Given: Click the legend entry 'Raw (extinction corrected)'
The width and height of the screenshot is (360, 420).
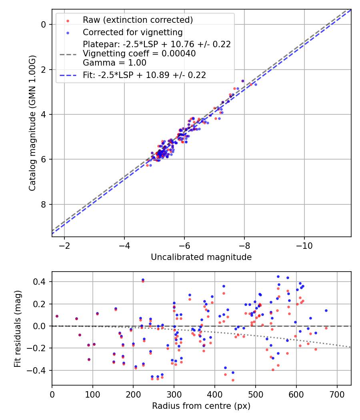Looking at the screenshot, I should pyautogui.click(x=138, y=20).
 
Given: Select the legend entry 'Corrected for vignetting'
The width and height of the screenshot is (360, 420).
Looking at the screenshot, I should pyautogui.click(x=132, y=32).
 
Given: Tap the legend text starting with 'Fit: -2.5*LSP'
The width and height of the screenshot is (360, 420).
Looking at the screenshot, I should pyautogui.click(x=144, y=75).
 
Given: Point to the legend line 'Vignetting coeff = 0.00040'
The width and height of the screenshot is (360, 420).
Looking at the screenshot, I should pyautogui.click(x=139, y=54).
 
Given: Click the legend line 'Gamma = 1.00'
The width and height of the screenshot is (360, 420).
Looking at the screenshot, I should pyautogui.click(x=114, y=63).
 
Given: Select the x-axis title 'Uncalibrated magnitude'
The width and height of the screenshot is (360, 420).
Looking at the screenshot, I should pyautogui.click(x=201, y=257).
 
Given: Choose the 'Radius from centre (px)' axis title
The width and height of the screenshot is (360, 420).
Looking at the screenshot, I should pyautogui.click(x=201, y=406).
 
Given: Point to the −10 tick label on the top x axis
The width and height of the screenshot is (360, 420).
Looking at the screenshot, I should pyautogui.click(x=304, y=244).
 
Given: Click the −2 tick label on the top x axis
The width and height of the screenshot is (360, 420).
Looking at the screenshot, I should pyautogui.click(x=64, y=244).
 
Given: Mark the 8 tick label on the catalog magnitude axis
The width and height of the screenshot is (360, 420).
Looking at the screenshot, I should pyautogui.click(x=44, y=205).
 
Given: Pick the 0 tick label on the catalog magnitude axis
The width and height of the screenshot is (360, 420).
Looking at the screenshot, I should pyautogui.click(x=44, y=24).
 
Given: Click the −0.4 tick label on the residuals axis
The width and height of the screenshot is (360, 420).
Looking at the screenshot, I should pyautogui.click(x=38, y=371).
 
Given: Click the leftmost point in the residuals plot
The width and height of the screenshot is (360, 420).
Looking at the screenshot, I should pyautogui.click(x=57, y=316).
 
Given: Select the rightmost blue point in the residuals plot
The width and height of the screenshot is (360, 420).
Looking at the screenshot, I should pyautogui.click(x=326, y=310).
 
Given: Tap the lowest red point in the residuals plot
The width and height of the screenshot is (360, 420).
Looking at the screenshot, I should pyautogui.click(x=233, y=380).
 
